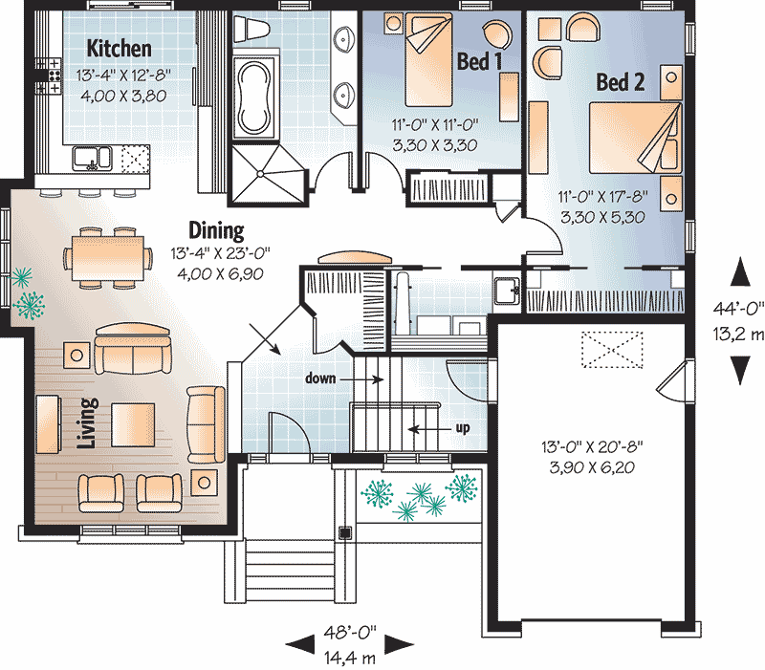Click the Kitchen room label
(119, 49)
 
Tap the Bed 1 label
(479, 61)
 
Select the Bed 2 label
(621, 82)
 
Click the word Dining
(216, 230)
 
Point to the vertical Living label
(88, 422)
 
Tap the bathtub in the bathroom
(252, 98)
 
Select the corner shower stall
(267, 173)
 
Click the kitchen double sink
(92, 159)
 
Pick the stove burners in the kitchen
(55, 76)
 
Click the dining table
(108, 258)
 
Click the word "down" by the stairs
(320, 378)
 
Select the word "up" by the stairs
(463, 428)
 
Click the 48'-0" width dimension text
(350, 633)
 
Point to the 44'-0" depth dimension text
(738, 309)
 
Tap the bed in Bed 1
(428, 60)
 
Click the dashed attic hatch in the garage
(612, 350)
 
